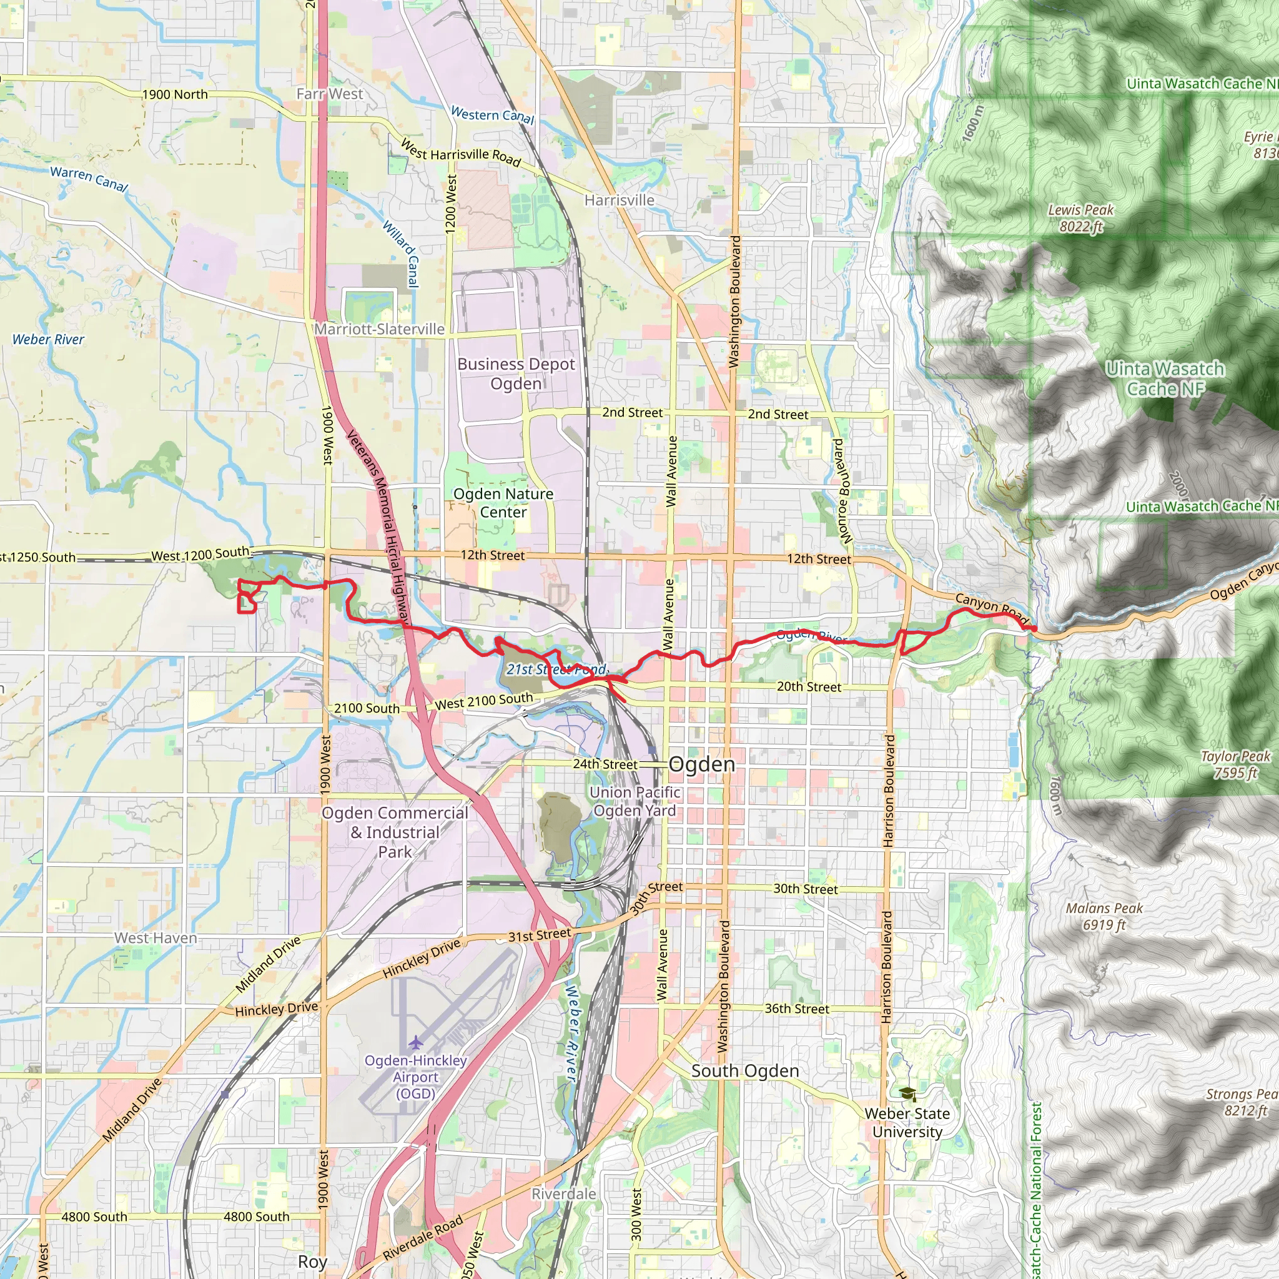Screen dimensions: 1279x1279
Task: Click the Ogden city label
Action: point(702,764)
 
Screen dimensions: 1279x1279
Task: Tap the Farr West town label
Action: point(329,94)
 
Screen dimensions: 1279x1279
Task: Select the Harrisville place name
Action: point(619,200)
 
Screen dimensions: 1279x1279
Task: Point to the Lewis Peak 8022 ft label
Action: point(1080,219)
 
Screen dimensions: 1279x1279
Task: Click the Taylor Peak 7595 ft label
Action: point(1235,764)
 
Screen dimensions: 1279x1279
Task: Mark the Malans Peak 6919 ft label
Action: point(1104,917)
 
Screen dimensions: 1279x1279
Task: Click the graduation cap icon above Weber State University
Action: point(907,1094)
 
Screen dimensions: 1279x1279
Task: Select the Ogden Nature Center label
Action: point(503,503)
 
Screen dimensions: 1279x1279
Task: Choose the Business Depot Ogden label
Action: point(516,373)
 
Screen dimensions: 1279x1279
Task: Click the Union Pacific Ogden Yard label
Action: point(635,801)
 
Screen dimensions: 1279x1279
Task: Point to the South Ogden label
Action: point(745,1071)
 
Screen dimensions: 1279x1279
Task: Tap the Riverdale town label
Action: point(563,1193)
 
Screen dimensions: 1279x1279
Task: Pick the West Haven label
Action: point(156,938)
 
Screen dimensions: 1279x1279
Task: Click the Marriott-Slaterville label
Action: point(379,329)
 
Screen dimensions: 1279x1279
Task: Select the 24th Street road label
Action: point(605,764)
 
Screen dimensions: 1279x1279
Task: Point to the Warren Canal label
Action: point(89,178)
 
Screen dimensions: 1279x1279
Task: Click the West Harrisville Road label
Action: point(461,152)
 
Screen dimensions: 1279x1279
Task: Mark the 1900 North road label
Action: point(175,95)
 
